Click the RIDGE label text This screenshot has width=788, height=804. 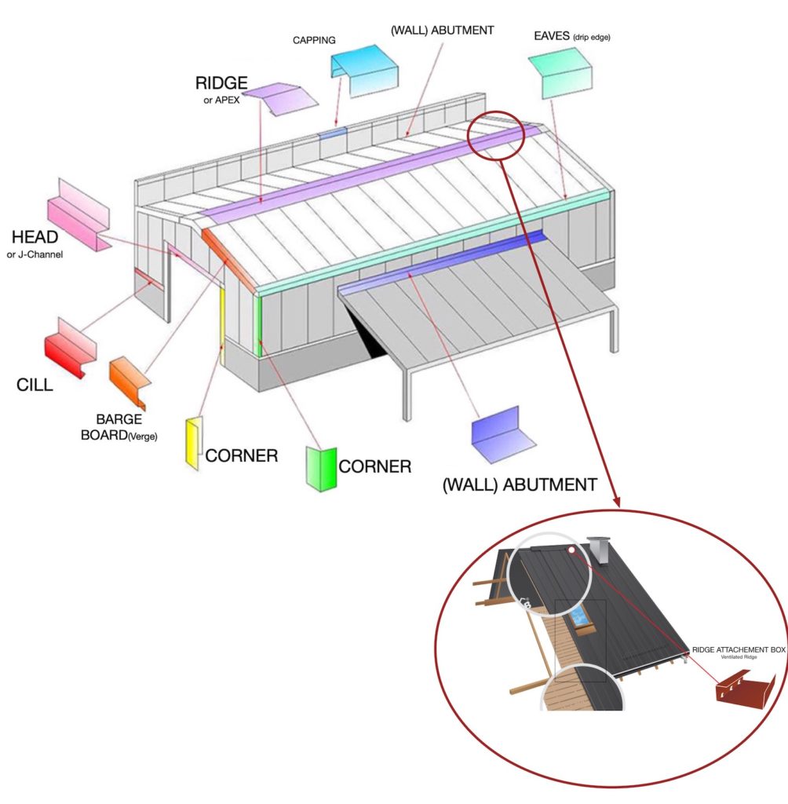221,83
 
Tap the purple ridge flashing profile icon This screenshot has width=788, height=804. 280,99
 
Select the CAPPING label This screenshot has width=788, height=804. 314,40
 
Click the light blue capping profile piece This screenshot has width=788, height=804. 364,71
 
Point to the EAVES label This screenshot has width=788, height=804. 552,36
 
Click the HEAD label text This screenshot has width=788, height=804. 35,237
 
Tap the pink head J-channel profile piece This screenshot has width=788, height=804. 79,215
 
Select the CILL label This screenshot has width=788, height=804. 35,385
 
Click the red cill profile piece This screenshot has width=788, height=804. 70,348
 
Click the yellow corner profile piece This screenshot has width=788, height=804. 193,444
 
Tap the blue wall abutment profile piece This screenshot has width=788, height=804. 503,436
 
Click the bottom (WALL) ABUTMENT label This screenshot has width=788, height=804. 520,485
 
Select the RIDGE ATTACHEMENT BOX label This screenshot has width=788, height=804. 739,649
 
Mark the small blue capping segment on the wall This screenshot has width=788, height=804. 333,133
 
